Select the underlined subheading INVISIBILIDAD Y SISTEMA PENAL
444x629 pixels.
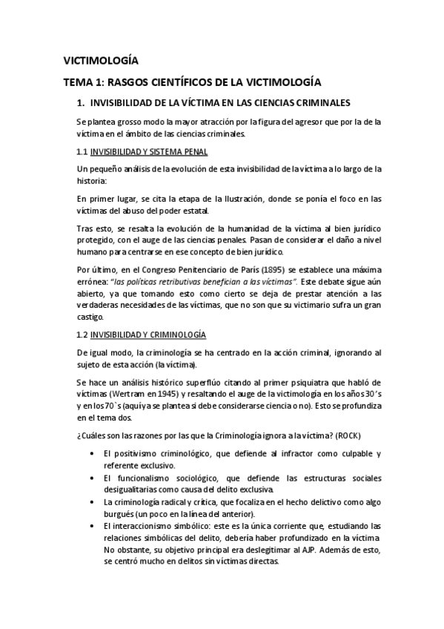tap(148, 152)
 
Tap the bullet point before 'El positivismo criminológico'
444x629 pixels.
tap(90, 453)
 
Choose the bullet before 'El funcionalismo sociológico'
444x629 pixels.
tap(90, 478)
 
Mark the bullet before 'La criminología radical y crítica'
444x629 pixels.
tap(90, 503)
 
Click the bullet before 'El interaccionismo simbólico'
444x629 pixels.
tap(90, 525)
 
